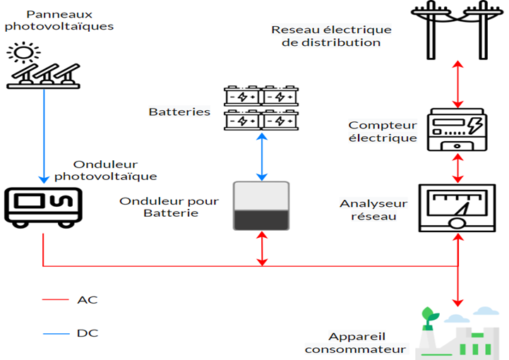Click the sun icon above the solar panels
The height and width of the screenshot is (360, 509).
coord(23,52)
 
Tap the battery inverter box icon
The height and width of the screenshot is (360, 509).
coord(261,205)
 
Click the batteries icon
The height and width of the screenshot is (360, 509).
coord(261,108)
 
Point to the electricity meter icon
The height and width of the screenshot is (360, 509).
coord(457,128)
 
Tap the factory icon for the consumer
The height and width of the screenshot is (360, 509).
coord(459,334)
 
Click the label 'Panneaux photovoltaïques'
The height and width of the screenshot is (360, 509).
coord(59,20)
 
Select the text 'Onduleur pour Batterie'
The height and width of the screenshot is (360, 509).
coord(169,207)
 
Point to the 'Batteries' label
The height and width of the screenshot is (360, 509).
coord(179,112)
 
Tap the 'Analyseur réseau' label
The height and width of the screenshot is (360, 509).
coord(373,210)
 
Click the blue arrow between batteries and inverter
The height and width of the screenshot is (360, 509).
coord(261,155)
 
